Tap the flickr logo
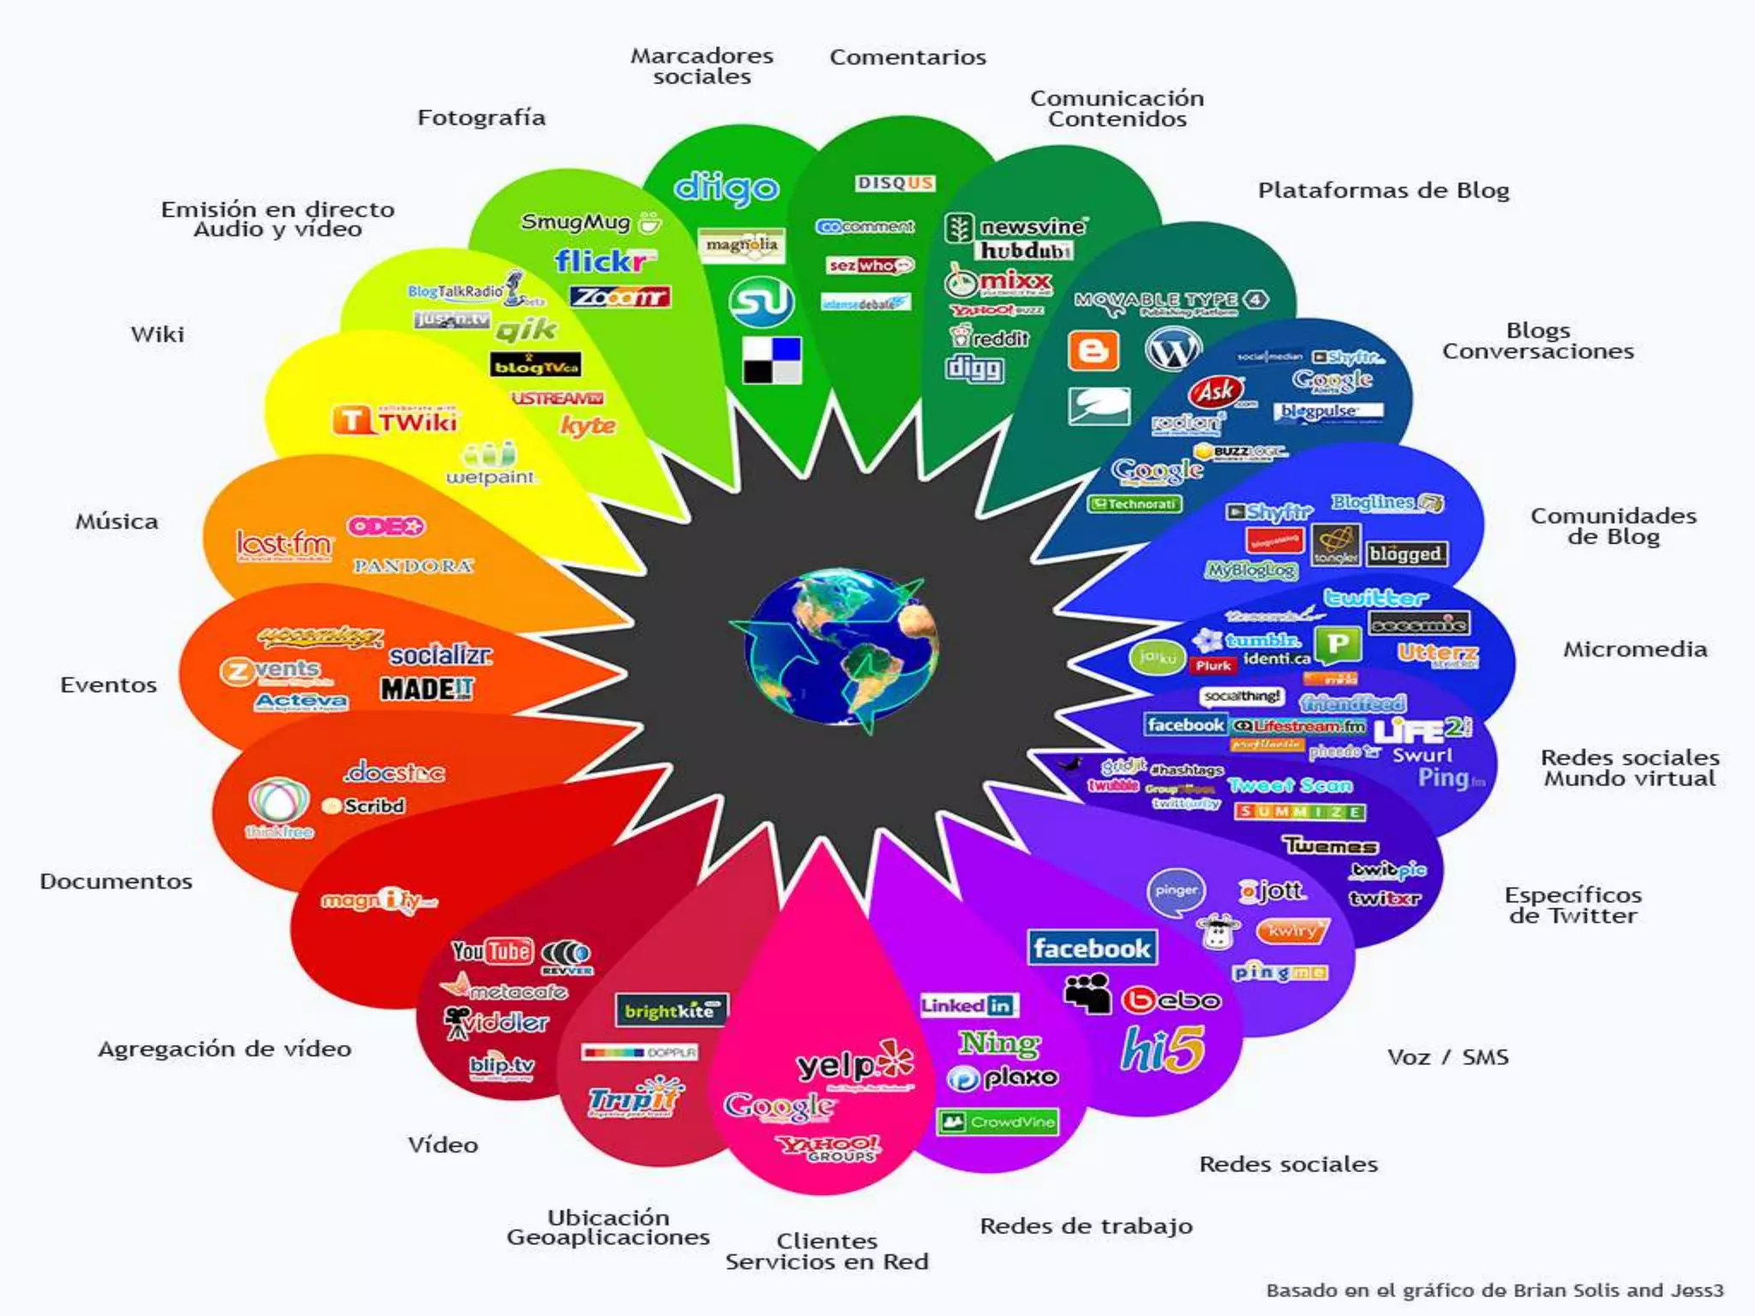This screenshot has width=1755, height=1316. (x=604, y=260)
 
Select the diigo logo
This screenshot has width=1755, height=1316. (x=726, y=188)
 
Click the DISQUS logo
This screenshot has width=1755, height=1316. (x=895, y=183)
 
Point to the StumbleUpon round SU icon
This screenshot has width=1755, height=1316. (x=761, y=302)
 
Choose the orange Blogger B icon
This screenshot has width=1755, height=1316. (x=1093, y=350)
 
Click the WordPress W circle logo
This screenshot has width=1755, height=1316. (x=1172, y=349)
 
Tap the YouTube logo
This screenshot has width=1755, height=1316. (x=492, y=951)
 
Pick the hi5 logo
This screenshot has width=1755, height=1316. (x=1163, y=1049)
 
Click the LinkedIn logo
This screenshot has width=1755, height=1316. (x=967, y=1005)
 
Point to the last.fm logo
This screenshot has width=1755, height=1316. (x=284, y=544)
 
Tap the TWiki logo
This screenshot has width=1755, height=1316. (x=396, y=421)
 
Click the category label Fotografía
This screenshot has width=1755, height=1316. (x=481, y=117)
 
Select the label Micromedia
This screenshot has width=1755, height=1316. (x=1634, y=649)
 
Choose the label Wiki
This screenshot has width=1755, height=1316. (x=157, y=334)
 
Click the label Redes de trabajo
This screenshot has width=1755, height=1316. (x=1086, y=1226)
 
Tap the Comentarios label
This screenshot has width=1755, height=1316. (x=907, y=57)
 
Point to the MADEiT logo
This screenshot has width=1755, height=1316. (x=426, y=689)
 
